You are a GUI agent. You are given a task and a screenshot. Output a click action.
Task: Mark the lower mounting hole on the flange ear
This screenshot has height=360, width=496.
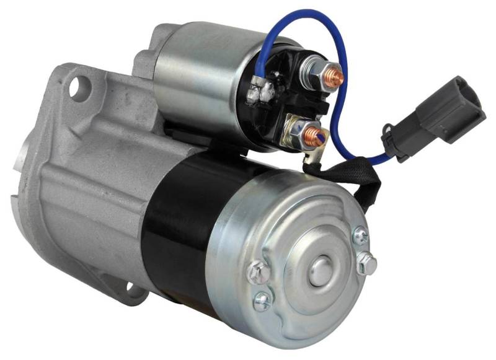click(x=130, y=287)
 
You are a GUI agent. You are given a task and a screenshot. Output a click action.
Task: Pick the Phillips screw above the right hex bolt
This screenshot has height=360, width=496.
click(x=360, y=236)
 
